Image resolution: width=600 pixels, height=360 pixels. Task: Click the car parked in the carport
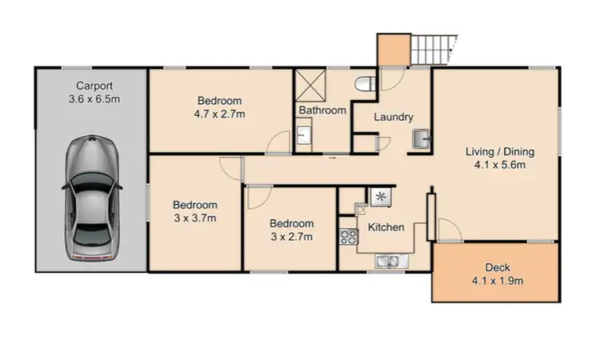coord(94,198)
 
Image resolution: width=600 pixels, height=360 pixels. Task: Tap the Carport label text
coord(94,86)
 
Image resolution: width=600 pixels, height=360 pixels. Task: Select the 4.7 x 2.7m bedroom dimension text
coord(220,114)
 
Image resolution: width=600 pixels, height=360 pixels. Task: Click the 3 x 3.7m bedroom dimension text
coord(196,217)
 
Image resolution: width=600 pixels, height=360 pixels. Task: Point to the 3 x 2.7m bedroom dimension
coord(291,237)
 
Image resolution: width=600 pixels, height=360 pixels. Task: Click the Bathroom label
coord(322,110)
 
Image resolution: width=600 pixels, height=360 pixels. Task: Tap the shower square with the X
coord(308,84)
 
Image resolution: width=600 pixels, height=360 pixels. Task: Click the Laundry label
coord(394,118)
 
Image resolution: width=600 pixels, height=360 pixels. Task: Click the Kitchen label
coord(386,227)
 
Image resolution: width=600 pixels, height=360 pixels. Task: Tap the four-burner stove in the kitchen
coord(349,237)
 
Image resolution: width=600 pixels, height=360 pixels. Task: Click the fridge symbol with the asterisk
coord(379,195)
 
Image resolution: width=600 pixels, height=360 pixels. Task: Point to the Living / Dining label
coord(500,151)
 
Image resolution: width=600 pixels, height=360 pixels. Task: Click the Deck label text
coord(498,267)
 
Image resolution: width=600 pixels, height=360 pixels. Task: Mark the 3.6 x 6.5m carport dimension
coord(94,99)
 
